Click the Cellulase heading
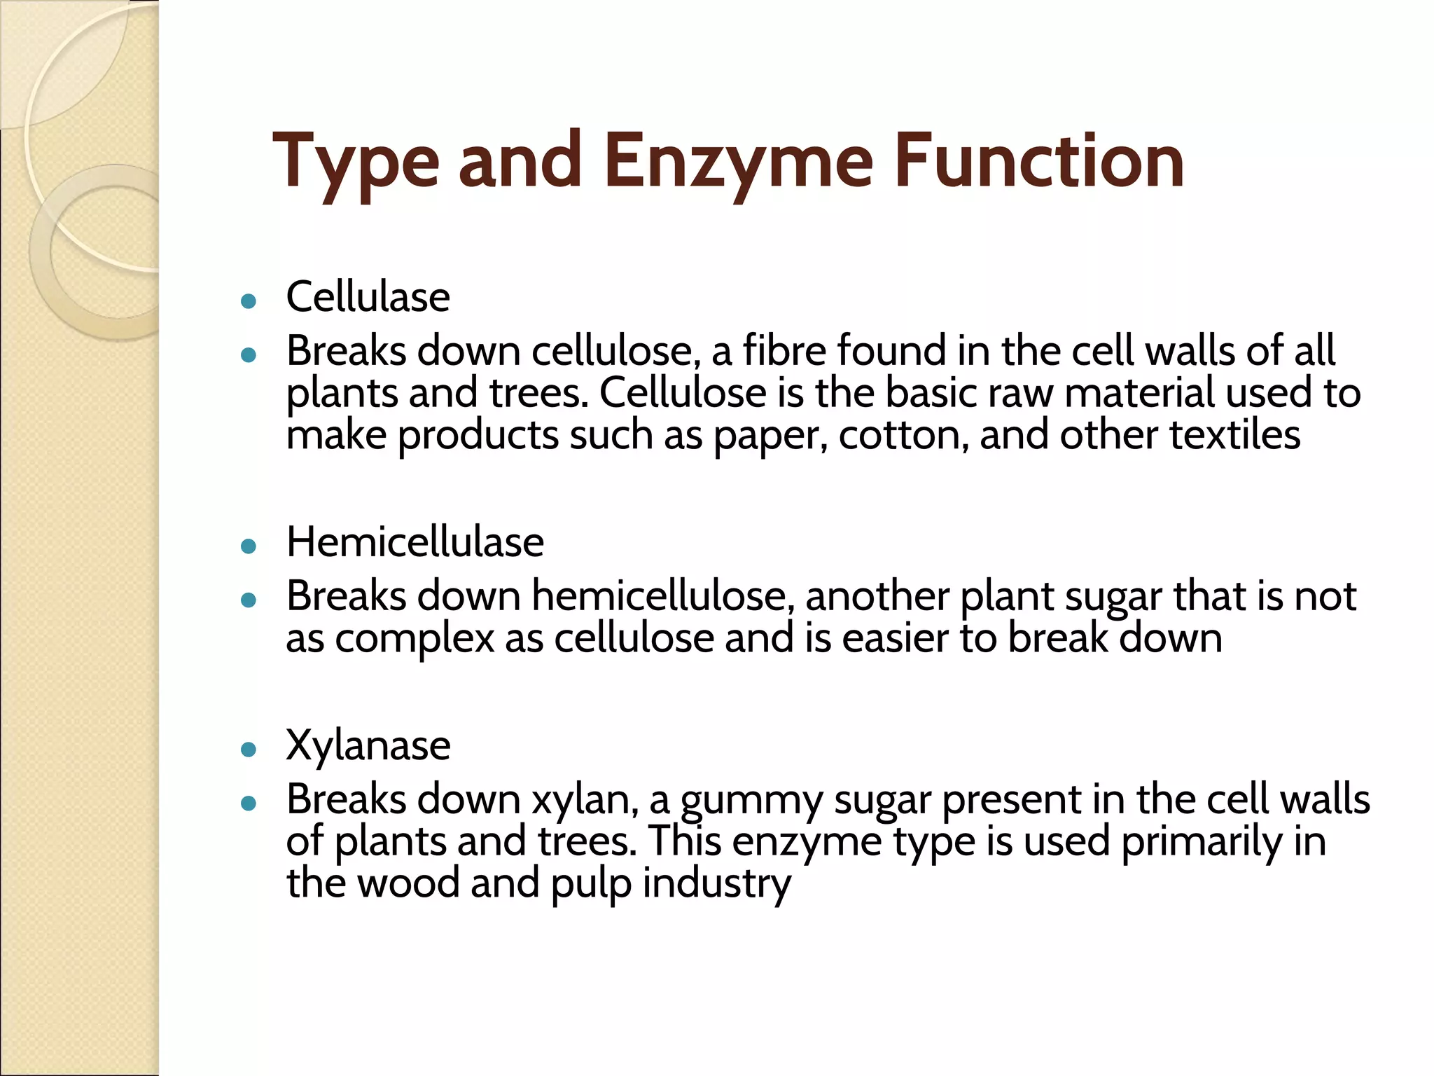[368, 297]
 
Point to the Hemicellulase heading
[415, 542]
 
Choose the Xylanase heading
[368, 745]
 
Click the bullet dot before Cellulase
[248, 302]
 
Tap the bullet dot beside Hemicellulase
[248, 546]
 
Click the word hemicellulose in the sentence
[662, 596]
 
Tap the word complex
[415, 639]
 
